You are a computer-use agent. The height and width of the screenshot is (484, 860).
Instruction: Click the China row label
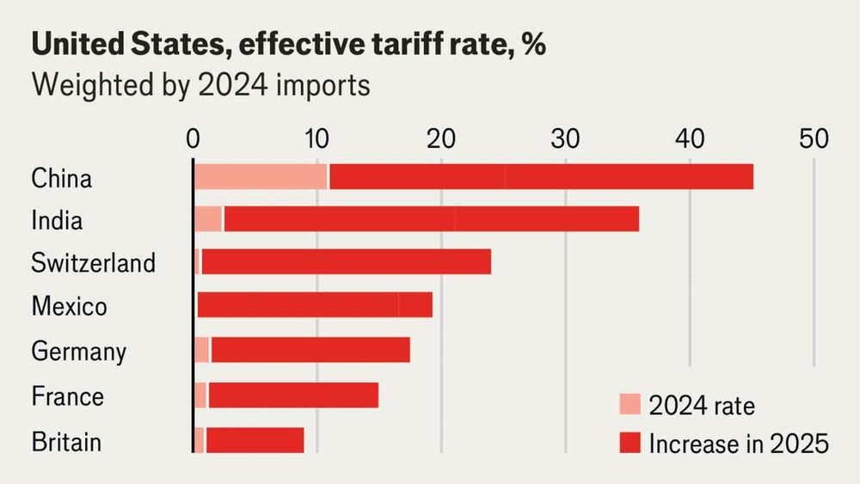(61, 179)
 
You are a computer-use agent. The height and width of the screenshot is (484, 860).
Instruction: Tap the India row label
(57, 220)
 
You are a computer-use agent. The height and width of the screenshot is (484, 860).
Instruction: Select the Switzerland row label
(93, 262)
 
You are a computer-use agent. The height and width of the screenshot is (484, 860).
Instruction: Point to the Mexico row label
(69, 306)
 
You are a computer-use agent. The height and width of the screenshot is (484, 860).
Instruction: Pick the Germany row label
(78, 351)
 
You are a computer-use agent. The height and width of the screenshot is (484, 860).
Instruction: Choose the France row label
(67, 396)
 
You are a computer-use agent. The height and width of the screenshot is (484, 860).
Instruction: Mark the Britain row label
(66, 442)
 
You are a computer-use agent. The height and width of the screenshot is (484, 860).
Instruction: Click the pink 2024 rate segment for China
(260, 176)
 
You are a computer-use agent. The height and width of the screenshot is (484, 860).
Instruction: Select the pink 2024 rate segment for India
(207, 219)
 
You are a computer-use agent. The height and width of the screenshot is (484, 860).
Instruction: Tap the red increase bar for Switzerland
(346, 261)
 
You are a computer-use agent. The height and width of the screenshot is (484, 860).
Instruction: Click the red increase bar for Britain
(255, 440)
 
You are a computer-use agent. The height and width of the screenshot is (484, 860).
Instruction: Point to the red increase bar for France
(292, 395)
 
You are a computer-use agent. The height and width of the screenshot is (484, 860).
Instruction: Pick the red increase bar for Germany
(310, 350)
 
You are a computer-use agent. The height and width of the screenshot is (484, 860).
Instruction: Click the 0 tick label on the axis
(193, 138)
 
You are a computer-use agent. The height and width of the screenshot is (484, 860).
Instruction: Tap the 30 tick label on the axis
(565, 138)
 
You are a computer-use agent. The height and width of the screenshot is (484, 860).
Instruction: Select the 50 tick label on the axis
(814, 138)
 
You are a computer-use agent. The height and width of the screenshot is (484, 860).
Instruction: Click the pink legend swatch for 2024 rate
(630, 404)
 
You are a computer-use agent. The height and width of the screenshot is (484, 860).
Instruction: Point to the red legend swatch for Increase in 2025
(630, 444)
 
